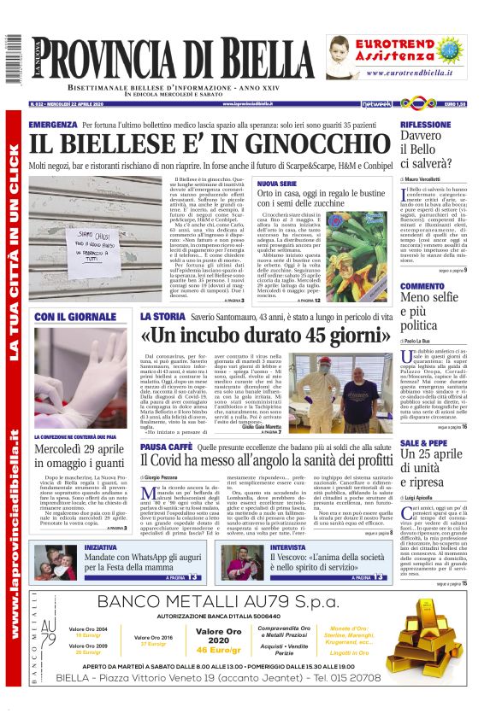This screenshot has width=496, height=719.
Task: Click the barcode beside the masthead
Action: [12, 59]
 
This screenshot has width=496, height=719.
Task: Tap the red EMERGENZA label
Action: [52, 125]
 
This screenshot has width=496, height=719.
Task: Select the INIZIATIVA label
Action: [101, 547]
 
